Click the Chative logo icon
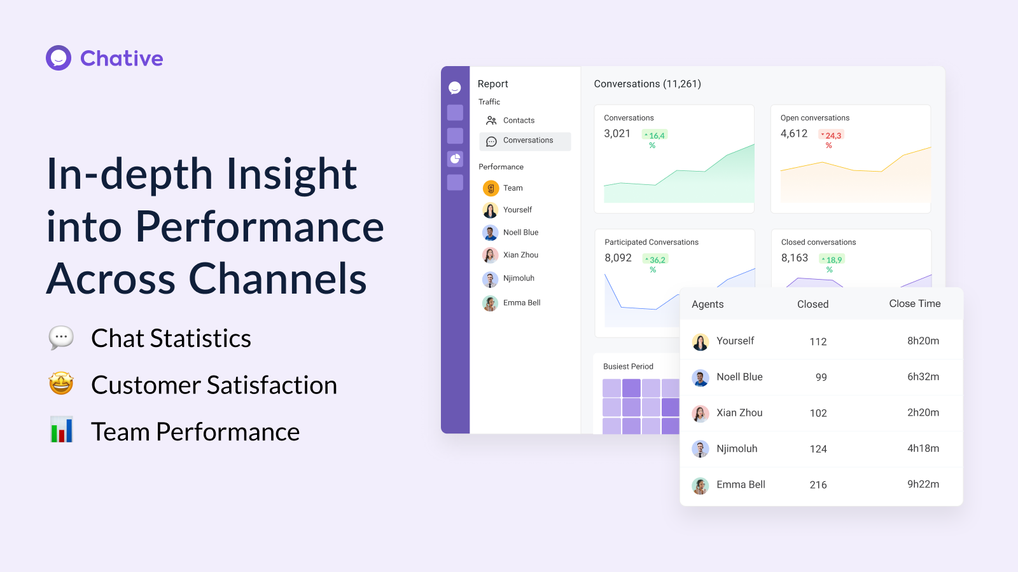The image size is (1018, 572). pyautogui.click(x=59, y=58)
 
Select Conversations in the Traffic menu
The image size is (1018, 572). pyautogui.click(x=527, y=140)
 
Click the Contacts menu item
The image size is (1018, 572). pyautogui.click(x=518, y=120)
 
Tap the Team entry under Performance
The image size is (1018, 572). pyautogui.click(x=512, y=188)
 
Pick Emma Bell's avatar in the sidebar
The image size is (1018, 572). pyautogui.click(x=490, y=303)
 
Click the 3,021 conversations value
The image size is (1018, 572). pyautogui.click(x=617, y=133)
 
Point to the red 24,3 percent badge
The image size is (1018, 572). pyautogui.click(x=831, y=136)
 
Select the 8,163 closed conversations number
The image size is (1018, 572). pyautogui.click(x=794, y=258)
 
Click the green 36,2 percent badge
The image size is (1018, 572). pyautogui.click(x=655, y=261)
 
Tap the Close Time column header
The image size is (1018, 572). pyautogui.click(x=914, y=304)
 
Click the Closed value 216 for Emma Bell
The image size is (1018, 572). pyautogui.click(x=818, y=485)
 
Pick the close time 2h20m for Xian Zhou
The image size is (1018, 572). pyautogui.click(x=923, y=412)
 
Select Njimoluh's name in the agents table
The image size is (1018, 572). pyautogui.click(x=737, y=449)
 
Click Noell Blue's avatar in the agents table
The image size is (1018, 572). pyautogui.click(x=700, y=378)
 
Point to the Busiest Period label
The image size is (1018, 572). pyautogui.click(x=628, y=367)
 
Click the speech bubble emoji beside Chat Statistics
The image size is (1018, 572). pyautogui.click(x=62, y=337)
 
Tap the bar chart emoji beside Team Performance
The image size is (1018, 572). pyautogui.click(x=62, y=430)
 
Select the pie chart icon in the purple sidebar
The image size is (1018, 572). pyautogui.click(x=455, y=159)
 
